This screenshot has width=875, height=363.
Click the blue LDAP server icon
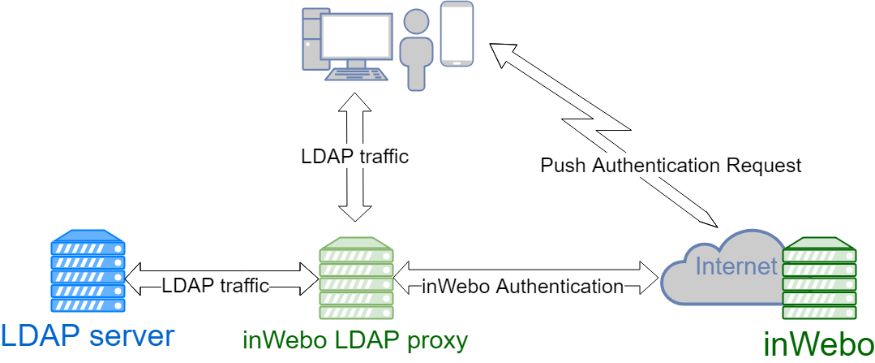[87, 271]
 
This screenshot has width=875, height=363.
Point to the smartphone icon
[457, 33]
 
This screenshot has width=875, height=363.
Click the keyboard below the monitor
[356, 72]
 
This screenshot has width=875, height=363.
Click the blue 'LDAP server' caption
[87, 335]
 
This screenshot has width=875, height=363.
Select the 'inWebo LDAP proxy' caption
[355, 339]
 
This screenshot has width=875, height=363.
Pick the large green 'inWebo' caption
[817, 344]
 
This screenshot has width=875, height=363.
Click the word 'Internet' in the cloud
[736, 266]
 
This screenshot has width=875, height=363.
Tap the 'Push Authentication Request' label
[671, 166]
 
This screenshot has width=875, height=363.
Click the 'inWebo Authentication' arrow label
[522, 286]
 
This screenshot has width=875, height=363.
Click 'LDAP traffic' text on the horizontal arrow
[215, 285]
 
